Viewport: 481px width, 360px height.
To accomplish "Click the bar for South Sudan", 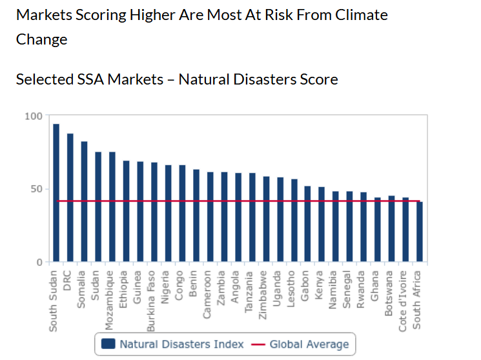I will coord(56,193).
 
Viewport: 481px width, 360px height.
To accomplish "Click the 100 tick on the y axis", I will coord(34,116).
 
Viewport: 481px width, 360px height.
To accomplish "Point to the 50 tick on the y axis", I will coord(36,189).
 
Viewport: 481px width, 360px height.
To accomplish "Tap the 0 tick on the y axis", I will coord(39,262).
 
